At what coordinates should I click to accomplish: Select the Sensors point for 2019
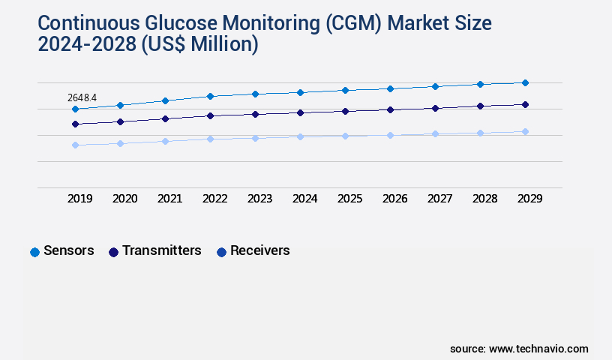(75, 109)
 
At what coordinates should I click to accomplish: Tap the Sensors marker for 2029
(525, 82)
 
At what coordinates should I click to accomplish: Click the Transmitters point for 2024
(300, 112)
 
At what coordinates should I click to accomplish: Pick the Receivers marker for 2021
(165, 141)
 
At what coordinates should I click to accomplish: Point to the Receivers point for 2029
(525, 131)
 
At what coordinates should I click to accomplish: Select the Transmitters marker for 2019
(75, 124)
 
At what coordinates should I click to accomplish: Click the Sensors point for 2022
(210, 96)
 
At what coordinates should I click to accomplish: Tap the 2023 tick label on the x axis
(259, 199)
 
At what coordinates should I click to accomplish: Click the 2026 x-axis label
(394, 199)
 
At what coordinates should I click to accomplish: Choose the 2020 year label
(124, 199)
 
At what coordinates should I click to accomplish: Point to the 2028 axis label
(484, 199)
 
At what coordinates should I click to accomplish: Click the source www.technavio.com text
(519, 349)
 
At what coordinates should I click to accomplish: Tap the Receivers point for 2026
(390, 135)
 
